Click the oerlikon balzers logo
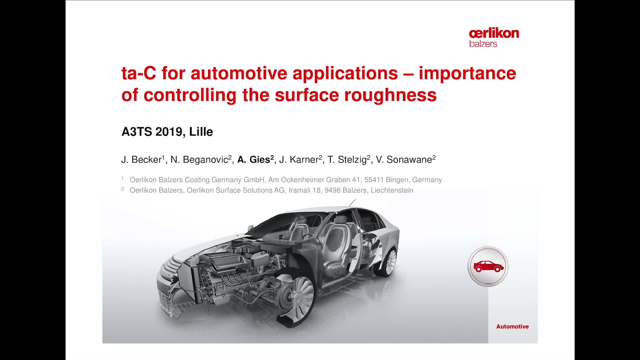494,38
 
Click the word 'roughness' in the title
390,95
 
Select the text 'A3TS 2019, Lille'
167,132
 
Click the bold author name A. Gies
255,159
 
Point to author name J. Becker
143,159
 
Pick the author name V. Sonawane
406,159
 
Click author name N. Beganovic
201,159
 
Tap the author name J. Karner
300,159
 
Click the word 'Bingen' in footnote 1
396,180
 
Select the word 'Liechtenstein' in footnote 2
392,190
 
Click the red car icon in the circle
488,266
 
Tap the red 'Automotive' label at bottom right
512,327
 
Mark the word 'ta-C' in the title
139,73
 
